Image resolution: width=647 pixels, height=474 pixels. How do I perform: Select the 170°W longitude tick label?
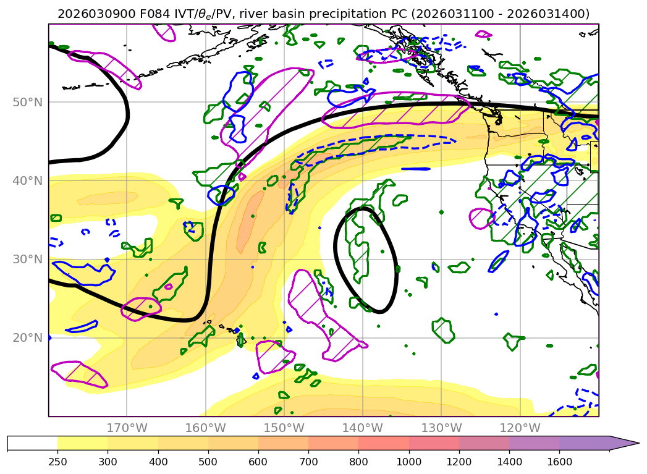point(127,428)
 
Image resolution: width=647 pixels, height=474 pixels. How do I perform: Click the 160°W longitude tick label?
point(205,428)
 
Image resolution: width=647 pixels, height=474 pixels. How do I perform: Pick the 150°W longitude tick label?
point(284,428)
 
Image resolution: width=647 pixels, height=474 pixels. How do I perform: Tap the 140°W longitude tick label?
point(362,428)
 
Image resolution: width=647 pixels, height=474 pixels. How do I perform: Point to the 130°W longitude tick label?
point(441,428)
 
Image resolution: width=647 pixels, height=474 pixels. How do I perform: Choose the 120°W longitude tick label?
point(519,428)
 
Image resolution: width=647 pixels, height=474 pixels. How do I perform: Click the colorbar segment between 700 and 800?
point(334,443)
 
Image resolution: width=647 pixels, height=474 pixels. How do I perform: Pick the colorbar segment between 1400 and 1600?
point(535,443)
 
